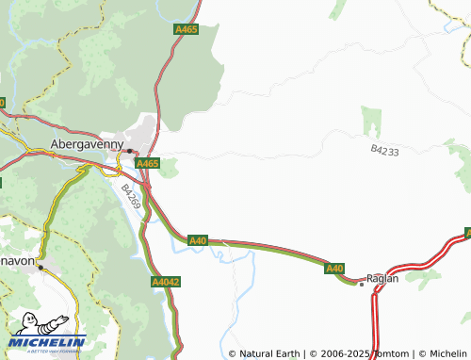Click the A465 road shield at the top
(x=187, y=30)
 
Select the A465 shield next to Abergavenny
(x=147, y=163)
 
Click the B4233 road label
(x=384, y=150)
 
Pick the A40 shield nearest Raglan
(x=334, y=270)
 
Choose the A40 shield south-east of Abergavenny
(x=197, y=241)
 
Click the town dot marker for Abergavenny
(x=130, y=150)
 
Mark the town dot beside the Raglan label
(x=362, y=283)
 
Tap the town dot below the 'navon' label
(x=41, y=268)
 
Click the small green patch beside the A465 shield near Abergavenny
(x=169, y=170)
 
